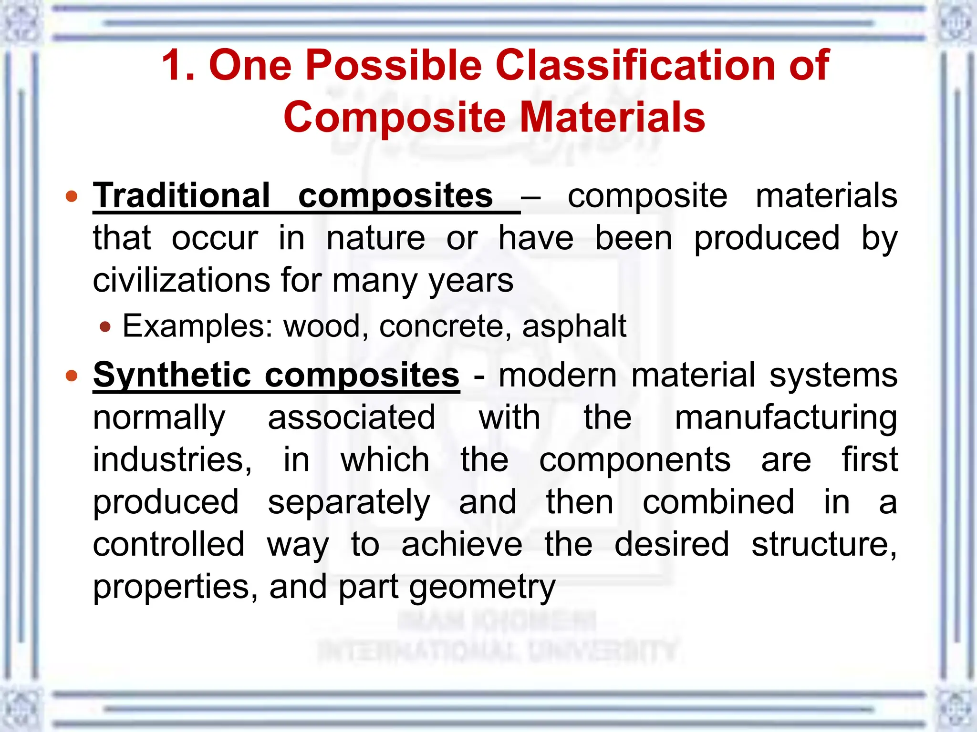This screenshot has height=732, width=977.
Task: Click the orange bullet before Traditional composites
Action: [x=72, y=196]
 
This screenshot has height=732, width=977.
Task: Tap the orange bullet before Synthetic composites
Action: [x=72, y=376]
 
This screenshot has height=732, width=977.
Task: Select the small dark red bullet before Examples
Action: [x=105, y=327]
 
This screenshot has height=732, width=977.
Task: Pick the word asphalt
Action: [x=574, y=326]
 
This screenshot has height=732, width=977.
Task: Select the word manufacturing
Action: [x=786, y=418]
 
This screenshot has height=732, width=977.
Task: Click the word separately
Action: [x=349, y=502]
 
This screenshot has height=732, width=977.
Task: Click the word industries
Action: [x=172, y=460]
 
